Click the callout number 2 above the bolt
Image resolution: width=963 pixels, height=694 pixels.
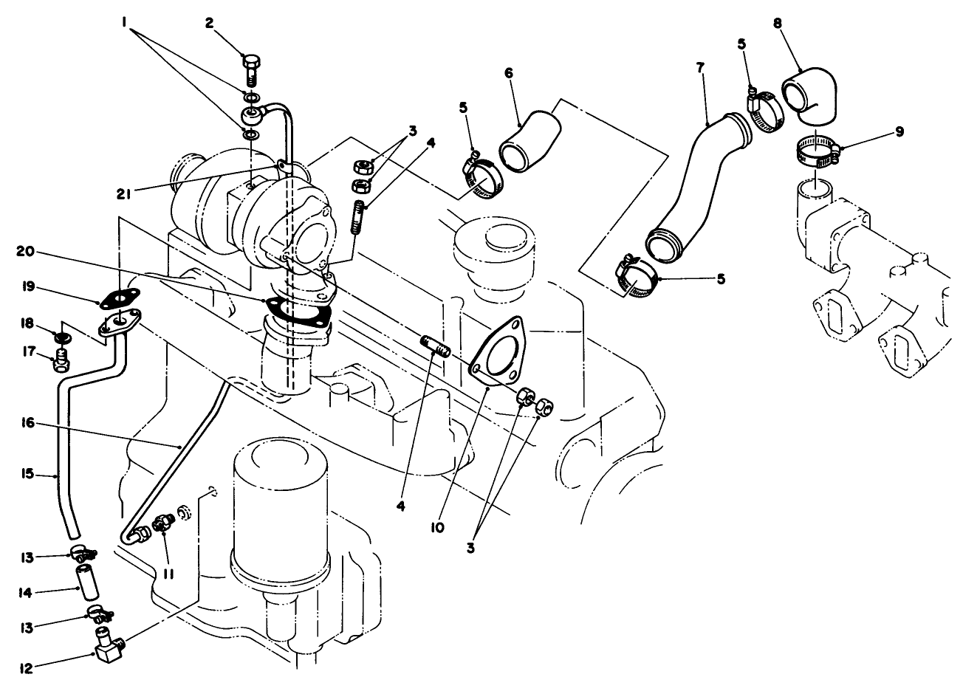point(210,23)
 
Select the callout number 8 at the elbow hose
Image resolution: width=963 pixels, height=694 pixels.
point(777,22)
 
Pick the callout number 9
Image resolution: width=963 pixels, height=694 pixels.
point(899,131)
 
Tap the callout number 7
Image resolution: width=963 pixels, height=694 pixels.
point(700,66)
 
